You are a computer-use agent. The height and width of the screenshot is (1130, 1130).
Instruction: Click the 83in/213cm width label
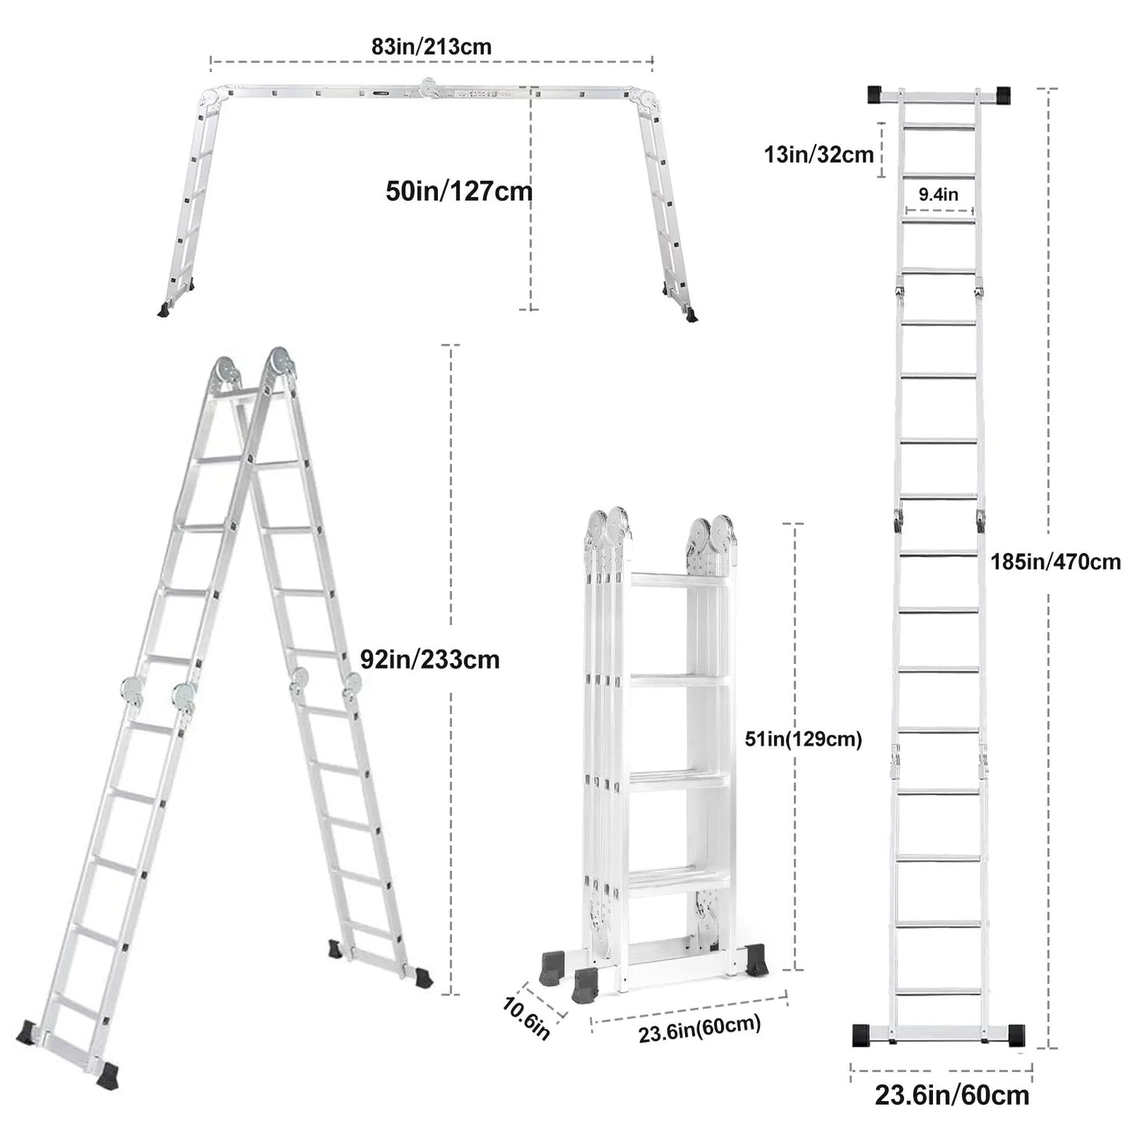pos(431,46)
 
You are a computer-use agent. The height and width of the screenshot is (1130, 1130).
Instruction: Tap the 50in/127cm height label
pos(458,191)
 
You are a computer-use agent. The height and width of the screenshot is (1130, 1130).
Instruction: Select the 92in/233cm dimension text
pos(429,659)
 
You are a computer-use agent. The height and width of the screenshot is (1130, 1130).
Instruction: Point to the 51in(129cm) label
pos(803,739)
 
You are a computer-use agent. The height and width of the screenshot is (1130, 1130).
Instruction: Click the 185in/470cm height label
pos(1055,561)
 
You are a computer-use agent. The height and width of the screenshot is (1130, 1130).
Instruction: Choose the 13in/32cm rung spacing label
pos(818,154)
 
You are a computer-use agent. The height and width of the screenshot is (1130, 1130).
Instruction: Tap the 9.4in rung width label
pos(938,195)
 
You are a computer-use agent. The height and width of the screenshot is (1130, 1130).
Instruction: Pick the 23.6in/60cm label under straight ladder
pos(952,1095)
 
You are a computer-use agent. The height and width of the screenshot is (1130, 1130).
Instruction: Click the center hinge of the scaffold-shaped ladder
pos(429,88)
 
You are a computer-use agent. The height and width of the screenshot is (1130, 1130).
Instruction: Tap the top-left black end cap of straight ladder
pos(876,95)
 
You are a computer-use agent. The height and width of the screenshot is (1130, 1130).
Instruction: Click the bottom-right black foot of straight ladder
pos(1016,1035)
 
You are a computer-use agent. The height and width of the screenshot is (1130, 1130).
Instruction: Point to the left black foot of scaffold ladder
pos(165,310)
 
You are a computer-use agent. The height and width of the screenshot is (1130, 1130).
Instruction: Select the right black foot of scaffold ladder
pos(691,315)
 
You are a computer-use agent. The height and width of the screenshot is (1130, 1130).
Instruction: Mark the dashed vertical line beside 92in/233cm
pos(450,547)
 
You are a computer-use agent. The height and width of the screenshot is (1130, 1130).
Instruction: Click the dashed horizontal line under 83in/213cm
pos(431,60)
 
